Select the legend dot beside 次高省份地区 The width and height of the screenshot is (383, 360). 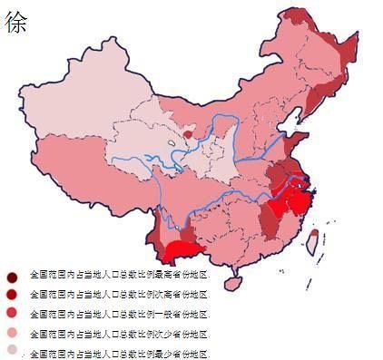[12, 295]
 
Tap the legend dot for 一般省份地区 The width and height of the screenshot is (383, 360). [12, 313]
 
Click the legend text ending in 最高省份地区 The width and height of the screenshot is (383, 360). [119, 274]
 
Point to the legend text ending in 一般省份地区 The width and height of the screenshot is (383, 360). [119, 314]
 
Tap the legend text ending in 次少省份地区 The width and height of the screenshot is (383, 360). [119, 333]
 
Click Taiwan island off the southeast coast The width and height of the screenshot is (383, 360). [311, 239]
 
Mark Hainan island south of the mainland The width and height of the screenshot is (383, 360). [232, 282]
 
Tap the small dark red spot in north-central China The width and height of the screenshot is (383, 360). [187, 133]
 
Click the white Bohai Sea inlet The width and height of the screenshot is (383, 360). [291, 121]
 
